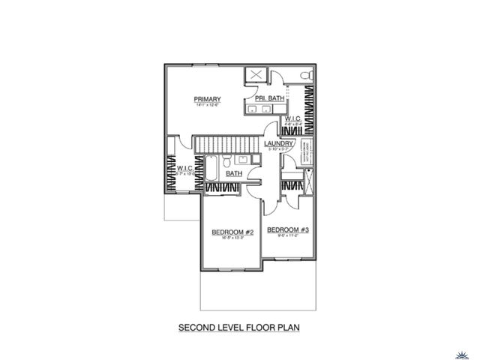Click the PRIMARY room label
click(206, 99)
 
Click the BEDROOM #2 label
click(232, 232)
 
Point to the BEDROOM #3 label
click(288, 229)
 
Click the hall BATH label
click(234, 173)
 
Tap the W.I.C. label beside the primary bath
click(292, 118)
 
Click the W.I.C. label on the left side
click(185, 169)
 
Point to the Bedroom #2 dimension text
click(232, 238)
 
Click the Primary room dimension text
click(206, 106)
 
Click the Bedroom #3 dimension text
click(288, 235)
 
